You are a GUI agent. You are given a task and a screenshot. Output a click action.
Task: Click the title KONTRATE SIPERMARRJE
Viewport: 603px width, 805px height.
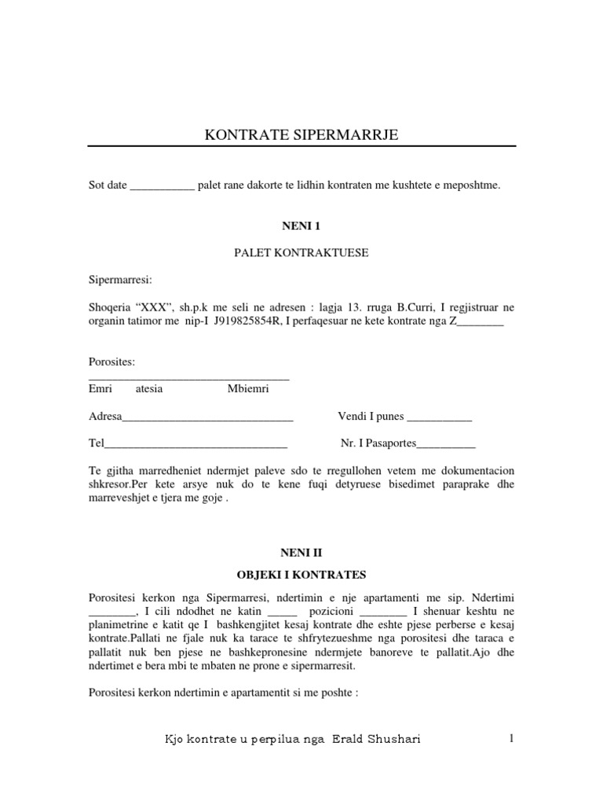(x=301, y=135)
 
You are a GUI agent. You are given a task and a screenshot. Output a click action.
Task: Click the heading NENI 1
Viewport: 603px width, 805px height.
(x=302, y=226)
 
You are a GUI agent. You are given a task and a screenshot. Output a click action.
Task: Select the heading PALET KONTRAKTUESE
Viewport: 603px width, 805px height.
(x=301, y=253)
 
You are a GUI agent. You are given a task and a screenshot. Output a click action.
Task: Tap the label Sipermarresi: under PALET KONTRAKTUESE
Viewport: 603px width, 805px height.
(x=120, y=279)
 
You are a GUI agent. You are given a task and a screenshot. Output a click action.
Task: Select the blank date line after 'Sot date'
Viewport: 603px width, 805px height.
(x=161, y=186)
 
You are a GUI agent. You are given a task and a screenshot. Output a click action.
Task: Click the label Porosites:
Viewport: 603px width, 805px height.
(x=111, y=362)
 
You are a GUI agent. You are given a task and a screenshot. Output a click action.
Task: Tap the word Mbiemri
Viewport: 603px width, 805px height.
(x=248, y=388)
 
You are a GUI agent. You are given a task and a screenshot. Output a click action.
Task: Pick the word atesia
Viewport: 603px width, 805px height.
(x=149, y=388)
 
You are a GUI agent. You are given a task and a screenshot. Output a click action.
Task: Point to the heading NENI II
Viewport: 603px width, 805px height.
(x=302, y=553)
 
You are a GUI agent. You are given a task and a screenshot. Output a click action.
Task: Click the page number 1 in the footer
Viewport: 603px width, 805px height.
(x=511, y=739)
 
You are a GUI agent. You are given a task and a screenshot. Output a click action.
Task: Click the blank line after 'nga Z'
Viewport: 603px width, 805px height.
(x=480, y=321)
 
